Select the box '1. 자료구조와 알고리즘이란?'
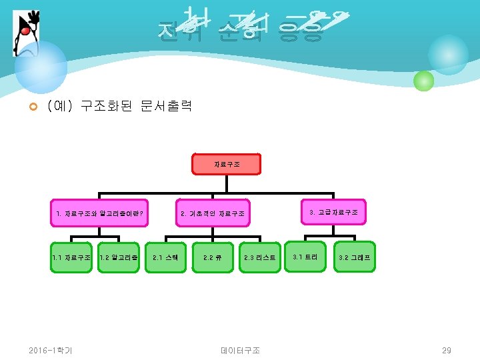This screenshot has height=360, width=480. (99, 214)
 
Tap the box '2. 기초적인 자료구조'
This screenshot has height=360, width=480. (213, 214)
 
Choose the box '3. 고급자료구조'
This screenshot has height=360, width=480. (333, 212)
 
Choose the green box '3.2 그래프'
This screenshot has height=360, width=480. (354, 257)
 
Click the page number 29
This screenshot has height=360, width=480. (447, 350)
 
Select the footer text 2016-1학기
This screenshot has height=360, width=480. (51, 350)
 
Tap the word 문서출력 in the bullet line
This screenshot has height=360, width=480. (166, 106)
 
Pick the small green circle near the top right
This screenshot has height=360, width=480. (423, 81)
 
